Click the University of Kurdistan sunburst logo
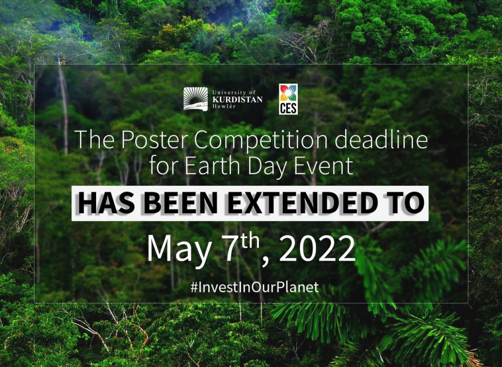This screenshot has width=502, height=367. tap(195, 99)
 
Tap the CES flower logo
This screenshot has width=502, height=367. tap(288, 99)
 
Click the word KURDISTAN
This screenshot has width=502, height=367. tap(237, 99)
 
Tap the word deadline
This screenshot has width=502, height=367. tap(381, 139)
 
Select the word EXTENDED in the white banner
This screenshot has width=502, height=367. tap(302, 204)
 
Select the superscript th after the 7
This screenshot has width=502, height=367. tap(251, 242)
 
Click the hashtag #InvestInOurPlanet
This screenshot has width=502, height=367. tap(254, 287)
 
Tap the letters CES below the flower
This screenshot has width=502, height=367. tap(288, 108)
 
